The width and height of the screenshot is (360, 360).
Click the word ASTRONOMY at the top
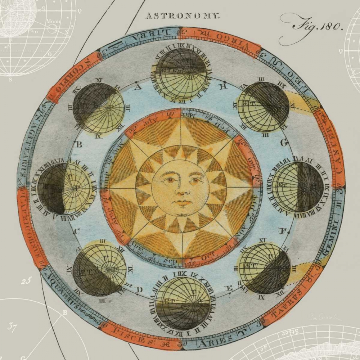coord(182,16)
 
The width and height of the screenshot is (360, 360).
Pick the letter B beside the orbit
coord(76,144)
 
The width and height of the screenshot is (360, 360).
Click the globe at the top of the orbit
coord(181,74)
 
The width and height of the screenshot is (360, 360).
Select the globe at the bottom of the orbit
coord(183,303)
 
